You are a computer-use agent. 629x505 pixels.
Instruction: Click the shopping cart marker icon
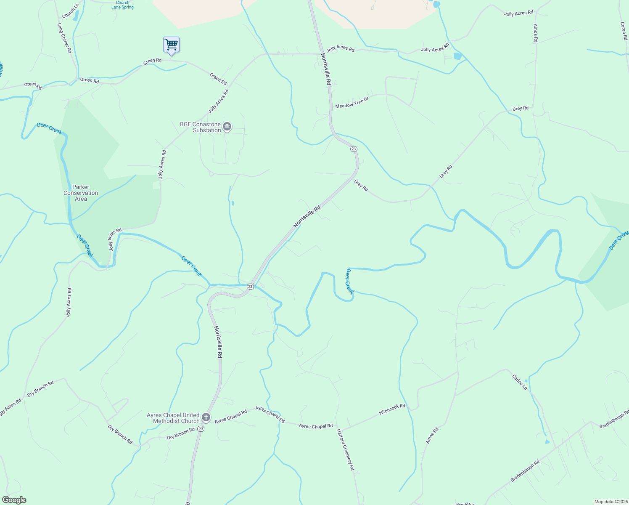click(171, 45)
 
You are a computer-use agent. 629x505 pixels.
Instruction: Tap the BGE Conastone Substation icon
click(227, 127)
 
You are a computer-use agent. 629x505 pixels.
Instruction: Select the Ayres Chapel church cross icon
click(206, 417)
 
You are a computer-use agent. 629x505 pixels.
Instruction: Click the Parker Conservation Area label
click(81, 193)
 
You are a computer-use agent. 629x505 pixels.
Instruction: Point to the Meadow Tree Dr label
click(351, 102)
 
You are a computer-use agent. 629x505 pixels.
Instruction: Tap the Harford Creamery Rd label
click(345, 449)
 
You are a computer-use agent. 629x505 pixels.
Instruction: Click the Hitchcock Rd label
click(392, 409)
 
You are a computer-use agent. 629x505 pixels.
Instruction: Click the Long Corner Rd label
click(64, 38)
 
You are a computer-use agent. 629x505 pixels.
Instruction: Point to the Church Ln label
click(70, 11)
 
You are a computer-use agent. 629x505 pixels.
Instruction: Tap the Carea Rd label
click(624, 31)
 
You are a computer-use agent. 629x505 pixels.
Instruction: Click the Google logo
click(14, 500)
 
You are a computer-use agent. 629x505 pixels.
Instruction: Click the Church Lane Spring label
click(122, 5)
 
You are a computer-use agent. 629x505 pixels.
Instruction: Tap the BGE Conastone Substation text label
click(200, 127)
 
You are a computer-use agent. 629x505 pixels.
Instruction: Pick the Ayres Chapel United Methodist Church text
click(173, 418)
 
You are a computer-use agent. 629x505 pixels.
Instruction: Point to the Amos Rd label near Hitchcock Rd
click(432, 435)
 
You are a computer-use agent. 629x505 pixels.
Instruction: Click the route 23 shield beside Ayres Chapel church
click(201, 429)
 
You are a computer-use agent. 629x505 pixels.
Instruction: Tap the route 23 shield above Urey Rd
click(354, 149)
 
